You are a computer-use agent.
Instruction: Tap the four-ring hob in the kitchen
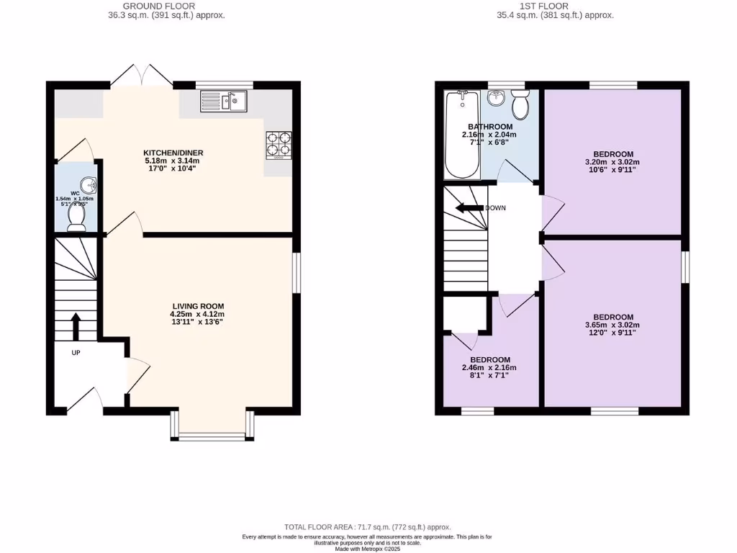pos(279,143)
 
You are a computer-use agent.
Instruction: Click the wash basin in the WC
pos(88,185)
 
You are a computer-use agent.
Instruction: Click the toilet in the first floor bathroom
pos(520,107)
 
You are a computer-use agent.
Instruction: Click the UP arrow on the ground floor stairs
pos(76,325)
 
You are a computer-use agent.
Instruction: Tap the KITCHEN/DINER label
pos(173,153)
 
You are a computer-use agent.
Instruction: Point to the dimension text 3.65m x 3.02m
pos(612,325)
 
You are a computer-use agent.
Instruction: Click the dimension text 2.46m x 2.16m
pos(489,368)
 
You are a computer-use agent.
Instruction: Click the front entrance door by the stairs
pos(86,400)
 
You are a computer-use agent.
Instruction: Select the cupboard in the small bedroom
pos(464,314)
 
